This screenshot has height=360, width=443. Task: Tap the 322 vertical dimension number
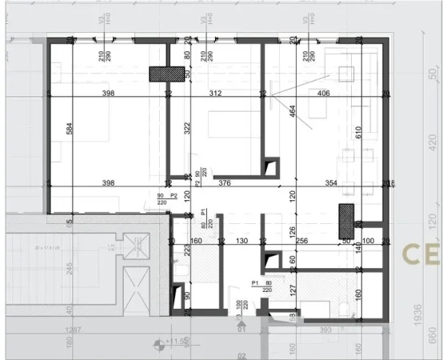tap(185, 128)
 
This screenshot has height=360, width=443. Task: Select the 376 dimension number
tap(225, 183)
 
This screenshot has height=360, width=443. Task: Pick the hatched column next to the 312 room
tap(166, 74)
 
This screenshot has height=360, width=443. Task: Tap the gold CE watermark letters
tap(421, 254)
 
